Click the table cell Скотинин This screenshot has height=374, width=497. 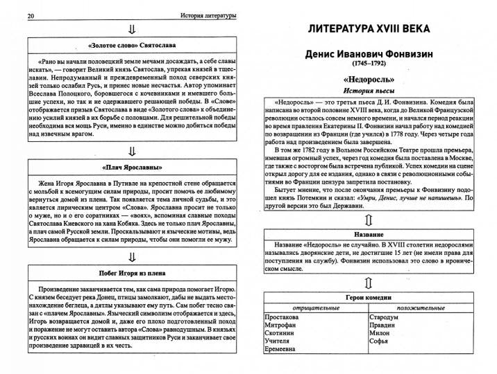click(x=283, y=333)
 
